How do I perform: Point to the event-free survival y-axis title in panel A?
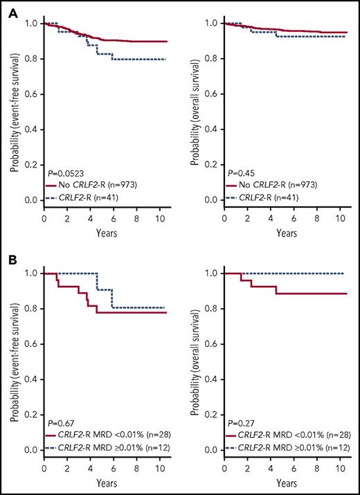coord(12,114)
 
